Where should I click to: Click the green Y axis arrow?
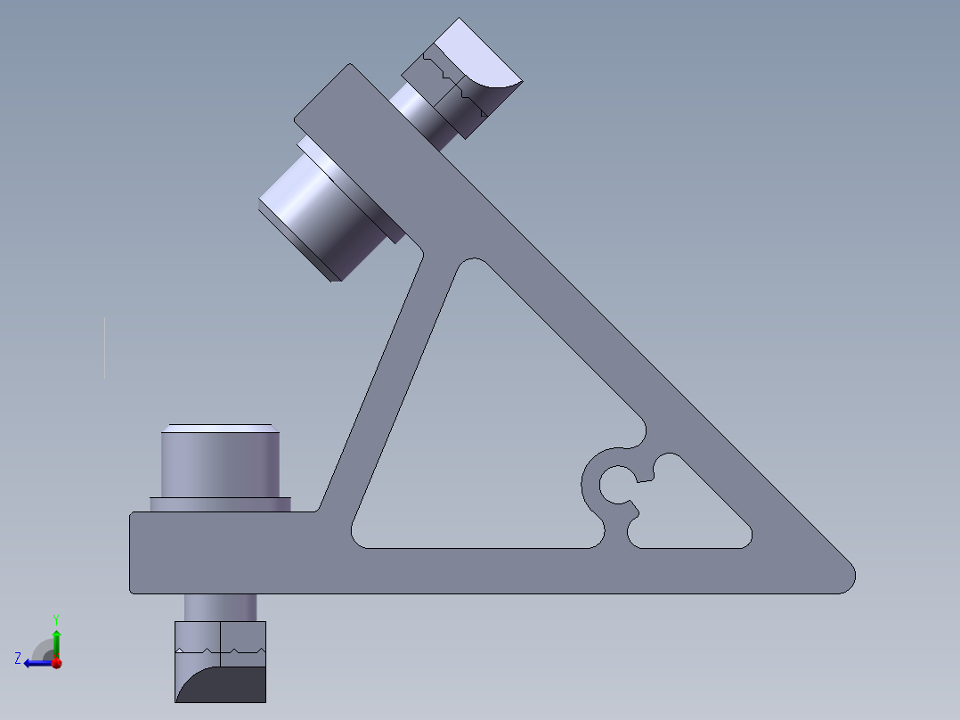pyautogui.click(x=56, y=643)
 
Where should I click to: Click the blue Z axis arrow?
pyautogui.click(x=38, y=663)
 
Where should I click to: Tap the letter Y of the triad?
pyautogui.click(x=56, y=619)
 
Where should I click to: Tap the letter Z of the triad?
pyautogui.click(x=18, y=659)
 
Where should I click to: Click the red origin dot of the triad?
pyautogui.click(x=57, y=663)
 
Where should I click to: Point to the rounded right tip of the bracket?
pyautogui.click(x=848, y=576)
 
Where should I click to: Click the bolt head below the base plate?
pyautogui.click(x=221, y=662)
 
